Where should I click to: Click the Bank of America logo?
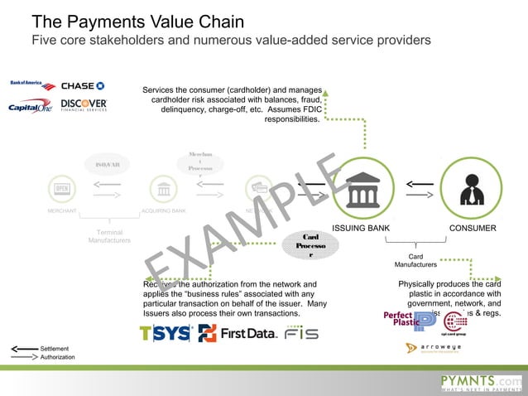(x=31, y=85)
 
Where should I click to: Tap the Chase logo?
(x=83, y=85)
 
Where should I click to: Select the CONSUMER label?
(x=473, y=228)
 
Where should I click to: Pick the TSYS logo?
(x=166, y=334)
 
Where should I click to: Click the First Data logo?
(x=237, y=334)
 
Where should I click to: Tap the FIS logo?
(x=301, y=335)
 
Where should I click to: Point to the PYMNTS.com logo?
(x=481, y=380)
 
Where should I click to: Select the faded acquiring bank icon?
(x=163, y=188)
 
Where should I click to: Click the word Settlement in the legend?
(x=55, y=349)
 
